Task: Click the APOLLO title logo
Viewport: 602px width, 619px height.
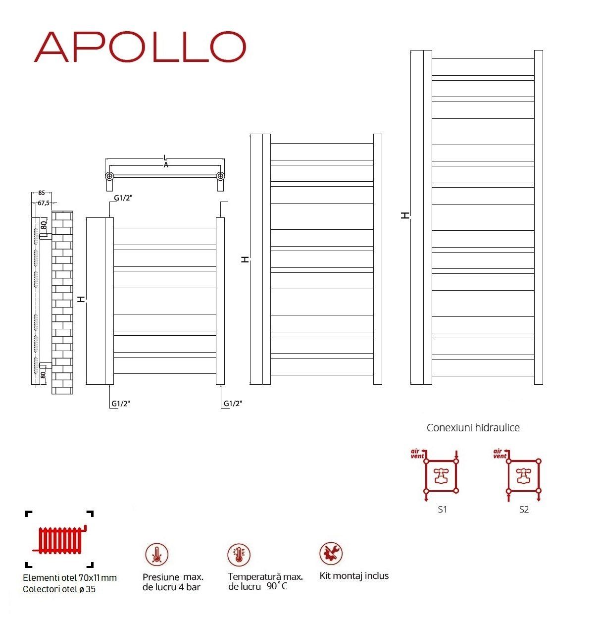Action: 140,47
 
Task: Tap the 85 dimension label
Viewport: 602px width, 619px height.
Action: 42,193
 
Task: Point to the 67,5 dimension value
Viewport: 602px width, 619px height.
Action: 44,203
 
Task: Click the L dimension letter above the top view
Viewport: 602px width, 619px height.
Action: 165,157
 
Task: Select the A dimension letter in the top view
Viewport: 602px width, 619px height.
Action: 166,165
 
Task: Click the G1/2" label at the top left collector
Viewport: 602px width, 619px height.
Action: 123,198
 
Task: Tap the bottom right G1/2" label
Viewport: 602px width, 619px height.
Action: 233,403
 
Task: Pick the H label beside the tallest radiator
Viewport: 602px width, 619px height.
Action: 405,215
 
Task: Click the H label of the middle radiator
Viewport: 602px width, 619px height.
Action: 245,259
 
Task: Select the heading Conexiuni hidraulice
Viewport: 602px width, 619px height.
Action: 473,427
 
